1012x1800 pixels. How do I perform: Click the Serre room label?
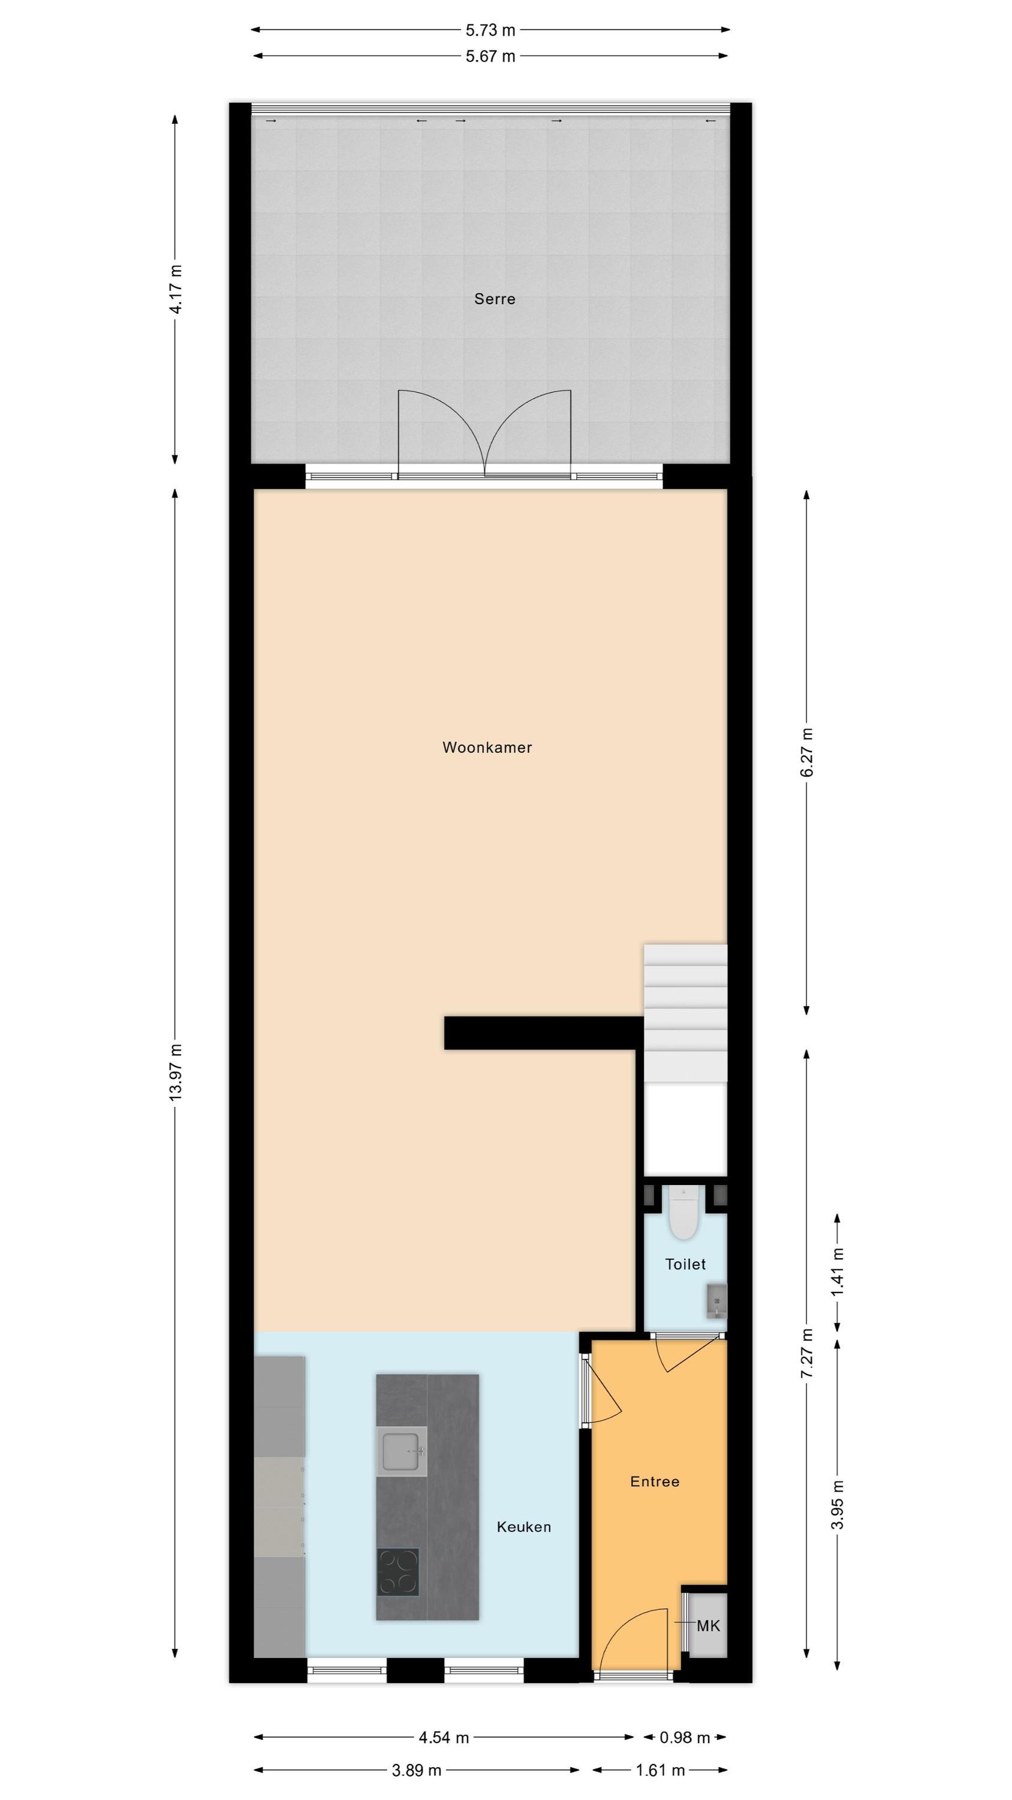(495, 299)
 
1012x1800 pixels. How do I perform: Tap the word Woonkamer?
(487, 748)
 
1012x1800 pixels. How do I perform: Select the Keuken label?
(524, 1527)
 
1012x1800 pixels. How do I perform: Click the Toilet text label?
(685, 1264)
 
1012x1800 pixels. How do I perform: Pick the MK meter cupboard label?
(708, 1626)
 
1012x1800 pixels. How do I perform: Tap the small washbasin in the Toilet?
(716, 1301)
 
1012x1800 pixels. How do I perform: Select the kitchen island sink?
(402, 1451)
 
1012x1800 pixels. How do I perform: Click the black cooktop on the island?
(398, 1572)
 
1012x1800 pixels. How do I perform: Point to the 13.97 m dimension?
(175, 1073)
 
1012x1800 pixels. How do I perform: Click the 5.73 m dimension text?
(490, 30)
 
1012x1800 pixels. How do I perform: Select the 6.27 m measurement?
(808, 752)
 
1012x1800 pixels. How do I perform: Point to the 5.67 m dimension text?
(490, 56)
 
